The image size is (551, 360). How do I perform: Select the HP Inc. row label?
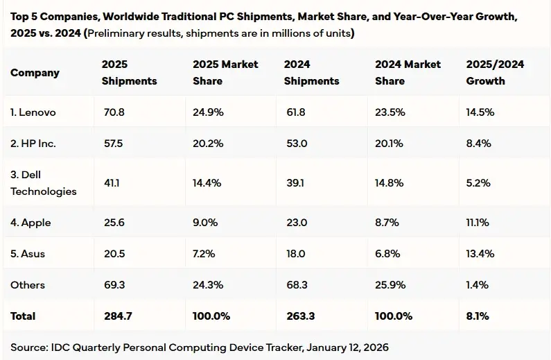(x=33, y=143)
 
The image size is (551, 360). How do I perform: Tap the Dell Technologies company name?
(x=43, y=183)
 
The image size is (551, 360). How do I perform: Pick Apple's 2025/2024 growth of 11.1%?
(x=478, y=223)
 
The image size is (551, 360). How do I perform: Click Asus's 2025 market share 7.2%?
(x=205, y=253)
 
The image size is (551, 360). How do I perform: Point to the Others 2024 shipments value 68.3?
(x=295, y=284)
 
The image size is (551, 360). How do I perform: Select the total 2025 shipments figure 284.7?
(x=116, y=316)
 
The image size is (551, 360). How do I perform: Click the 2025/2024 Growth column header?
(x=495, y=73)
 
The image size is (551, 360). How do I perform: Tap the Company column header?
(x=35, y=73)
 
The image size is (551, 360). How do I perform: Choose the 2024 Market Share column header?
(x=408, y=73)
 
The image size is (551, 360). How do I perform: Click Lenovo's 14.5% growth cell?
(x=480, y=112)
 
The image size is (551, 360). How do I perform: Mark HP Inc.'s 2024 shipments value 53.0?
(x=295, y=143)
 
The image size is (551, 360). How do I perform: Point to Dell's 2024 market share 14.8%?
(x=389, y=183)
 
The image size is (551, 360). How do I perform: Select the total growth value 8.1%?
(x=478, y=316)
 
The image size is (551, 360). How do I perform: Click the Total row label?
(x=23, y=316)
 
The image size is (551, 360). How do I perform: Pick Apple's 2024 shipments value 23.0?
(x=295, y=223)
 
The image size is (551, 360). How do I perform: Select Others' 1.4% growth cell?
(x=477, y=284)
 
